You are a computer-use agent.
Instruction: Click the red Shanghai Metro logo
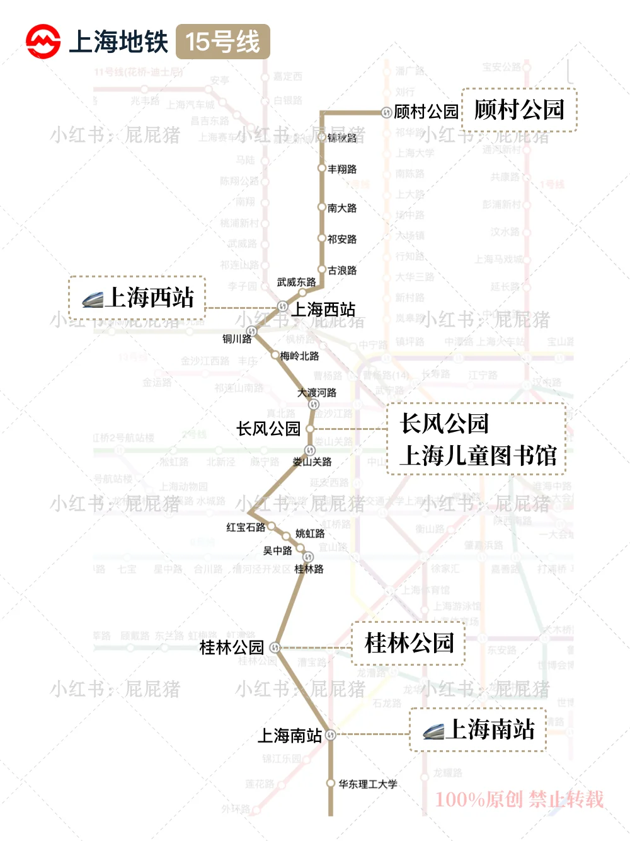click(43, 42)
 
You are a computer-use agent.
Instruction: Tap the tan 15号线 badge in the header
click(222, 42)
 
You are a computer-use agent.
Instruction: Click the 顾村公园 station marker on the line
click(386, 113)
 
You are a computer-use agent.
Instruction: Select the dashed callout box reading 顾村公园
click(519, 110)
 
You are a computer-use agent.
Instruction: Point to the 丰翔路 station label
click(342, 169)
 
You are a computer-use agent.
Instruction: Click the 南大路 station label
click(342, 207)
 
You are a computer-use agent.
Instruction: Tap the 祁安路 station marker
click(321, 238)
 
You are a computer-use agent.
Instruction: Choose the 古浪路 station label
click(342, 270)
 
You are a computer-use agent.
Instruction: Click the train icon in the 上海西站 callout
click(93, 299)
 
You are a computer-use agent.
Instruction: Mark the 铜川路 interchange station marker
click(251, 330)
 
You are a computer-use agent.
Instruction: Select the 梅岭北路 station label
click(299, 356)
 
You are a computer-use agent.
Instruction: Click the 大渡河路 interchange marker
click(313, 404)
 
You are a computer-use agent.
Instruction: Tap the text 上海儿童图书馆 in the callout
click(478, 455)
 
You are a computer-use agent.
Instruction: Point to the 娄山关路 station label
click(312, 462)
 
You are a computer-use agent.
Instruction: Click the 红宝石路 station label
click(246, 527)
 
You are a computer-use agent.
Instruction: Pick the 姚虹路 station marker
click(286, 536)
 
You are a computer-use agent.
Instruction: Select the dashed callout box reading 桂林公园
click(408, 643)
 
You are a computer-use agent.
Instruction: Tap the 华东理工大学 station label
click(368, 784)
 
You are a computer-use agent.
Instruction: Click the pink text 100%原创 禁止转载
click(519, 799)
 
